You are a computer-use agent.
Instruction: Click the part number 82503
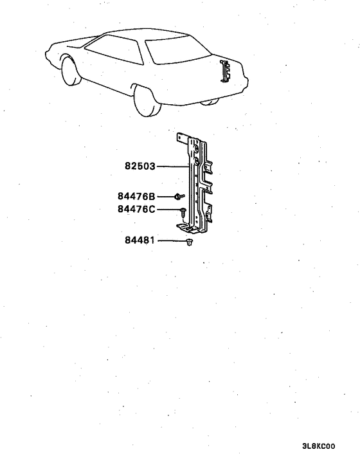[x=140, y=166]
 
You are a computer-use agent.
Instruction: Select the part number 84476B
[x=136, y=196]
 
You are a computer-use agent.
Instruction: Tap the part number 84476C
[x=136, y=209]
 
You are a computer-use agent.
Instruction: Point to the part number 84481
[x=139, y=241]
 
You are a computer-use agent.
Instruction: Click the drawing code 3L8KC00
[x=319, y=446]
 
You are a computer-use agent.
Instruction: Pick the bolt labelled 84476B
[x=179, y=197]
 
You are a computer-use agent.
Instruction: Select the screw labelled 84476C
[x=183, y=213]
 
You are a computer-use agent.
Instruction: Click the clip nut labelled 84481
[x=190, y=242]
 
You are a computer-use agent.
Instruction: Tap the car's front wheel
[x=71, y=71]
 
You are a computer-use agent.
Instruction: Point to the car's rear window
[x=177, y=50]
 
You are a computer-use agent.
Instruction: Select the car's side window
[x=114, y=50]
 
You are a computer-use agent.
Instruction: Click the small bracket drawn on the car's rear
[x=225, y=71]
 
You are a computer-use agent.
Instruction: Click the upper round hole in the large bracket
[x=196, y=149]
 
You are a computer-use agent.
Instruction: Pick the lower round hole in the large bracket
[x=195, y=161]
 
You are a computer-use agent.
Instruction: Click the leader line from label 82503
[x=172, y=167]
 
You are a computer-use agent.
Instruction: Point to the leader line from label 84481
[x=172, y=241]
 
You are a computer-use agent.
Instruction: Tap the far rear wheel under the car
[x=210, y=102]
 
